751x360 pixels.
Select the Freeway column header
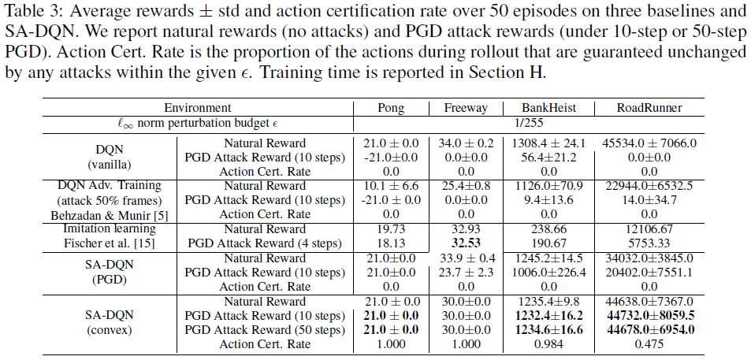point(466,108)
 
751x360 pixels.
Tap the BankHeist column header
point(548,108)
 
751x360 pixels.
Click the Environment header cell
point(198,108)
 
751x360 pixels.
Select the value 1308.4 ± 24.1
point(548,143)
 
